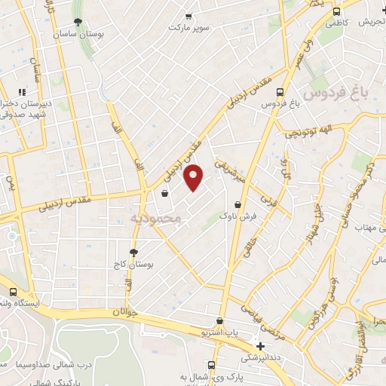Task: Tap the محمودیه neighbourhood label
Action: tap(157, 219)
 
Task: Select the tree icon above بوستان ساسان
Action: tap(79, 22)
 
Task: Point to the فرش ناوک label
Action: tap(233, 216)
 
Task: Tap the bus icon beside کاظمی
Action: tap(336, 12)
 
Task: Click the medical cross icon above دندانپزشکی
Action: tap(261, 346)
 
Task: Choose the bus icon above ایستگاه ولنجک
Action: tap(13, 292)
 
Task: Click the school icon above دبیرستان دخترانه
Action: tap(33, 92)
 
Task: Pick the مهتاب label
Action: tap(365, 227)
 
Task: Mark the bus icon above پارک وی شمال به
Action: tap(212, 366)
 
